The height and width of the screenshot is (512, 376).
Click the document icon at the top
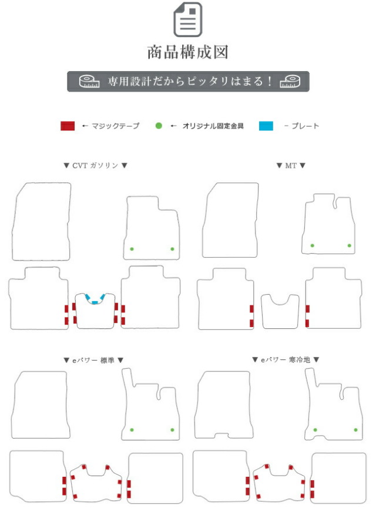[187, 19]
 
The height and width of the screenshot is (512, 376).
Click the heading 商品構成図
[188, 52]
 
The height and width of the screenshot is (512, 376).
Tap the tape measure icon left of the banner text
[89, 81]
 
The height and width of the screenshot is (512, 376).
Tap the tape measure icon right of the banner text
[290, 81]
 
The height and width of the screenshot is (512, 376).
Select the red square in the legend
[68, 126]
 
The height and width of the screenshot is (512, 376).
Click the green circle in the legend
[159, 126]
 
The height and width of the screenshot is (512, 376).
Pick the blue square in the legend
[266, 126]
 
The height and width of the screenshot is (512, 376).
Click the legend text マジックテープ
[115, 126]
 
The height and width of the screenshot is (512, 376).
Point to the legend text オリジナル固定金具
[213, 126]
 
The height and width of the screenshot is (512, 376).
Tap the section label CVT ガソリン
[95, 166]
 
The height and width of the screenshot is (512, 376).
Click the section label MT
[291, 166]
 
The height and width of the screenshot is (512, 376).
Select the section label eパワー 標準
[93, 360]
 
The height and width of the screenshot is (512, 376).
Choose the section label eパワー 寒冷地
[285, 360]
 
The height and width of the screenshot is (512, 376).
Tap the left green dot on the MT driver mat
[313, 245]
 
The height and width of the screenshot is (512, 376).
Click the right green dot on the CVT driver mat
[172, 249]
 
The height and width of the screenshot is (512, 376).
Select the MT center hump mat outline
[261, 310]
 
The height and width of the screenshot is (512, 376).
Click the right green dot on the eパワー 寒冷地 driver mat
[356, 430]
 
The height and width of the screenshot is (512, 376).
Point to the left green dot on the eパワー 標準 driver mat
[132, 430]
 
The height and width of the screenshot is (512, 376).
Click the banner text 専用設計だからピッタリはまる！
[190, 81]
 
